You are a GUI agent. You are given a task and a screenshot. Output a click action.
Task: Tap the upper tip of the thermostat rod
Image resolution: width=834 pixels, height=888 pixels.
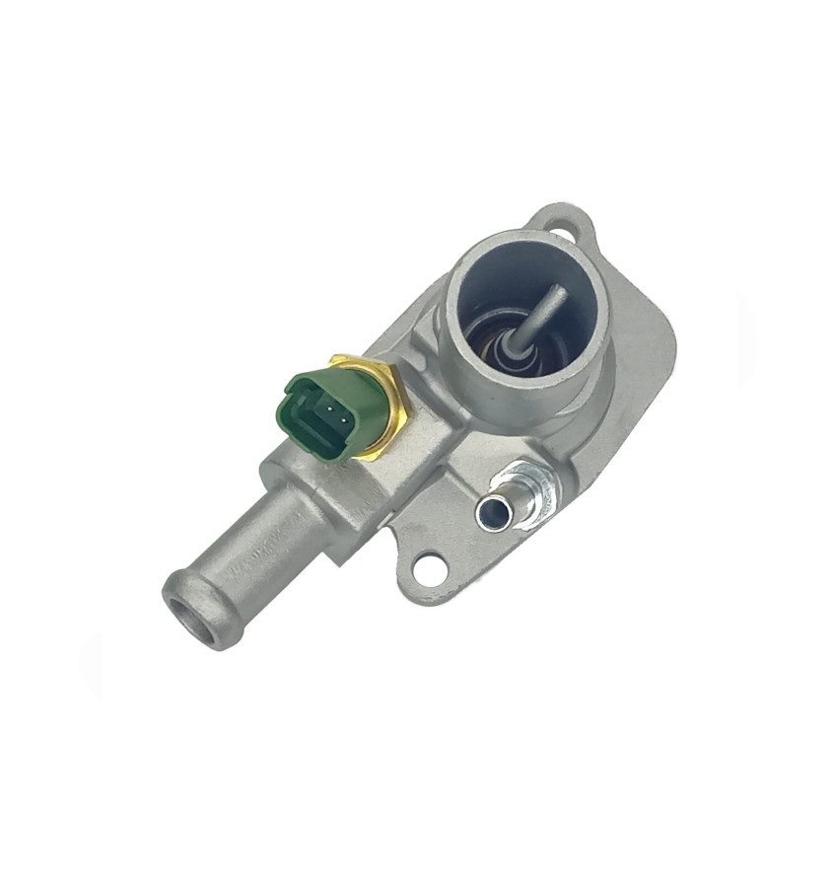tap(559, 290)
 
